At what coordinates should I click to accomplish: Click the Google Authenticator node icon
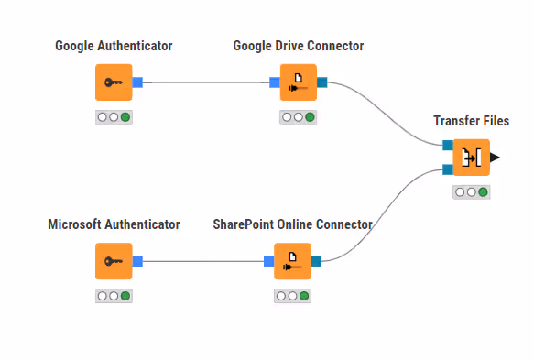114,82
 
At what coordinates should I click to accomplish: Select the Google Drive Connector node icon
298,82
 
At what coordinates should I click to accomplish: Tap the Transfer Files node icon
472,158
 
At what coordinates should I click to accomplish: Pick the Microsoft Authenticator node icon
114,261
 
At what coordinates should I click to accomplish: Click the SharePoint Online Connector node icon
292,261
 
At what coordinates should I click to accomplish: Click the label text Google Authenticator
114,45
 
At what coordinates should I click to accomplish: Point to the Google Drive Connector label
298,45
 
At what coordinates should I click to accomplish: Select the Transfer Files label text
471,121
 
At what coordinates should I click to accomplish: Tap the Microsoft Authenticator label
114,224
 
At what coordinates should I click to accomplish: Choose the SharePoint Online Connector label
292,224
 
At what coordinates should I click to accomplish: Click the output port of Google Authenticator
137,82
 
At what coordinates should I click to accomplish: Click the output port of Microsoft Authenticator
137,261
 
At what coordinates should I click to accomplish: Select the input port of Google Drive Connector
275,82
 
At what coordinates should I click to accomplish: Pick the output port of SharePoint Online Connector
316,261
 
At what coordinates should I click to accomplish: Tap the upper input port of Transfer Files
447,146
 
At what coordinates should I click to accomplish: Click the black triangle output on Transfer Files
495,158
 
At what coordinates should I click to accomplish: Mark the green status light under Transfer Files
483,192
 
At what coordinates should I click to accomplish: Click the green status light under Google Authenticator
125,117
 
